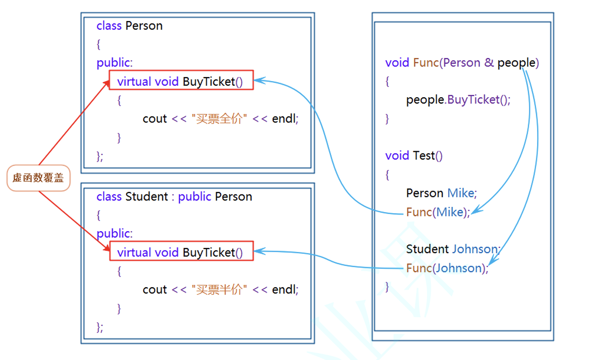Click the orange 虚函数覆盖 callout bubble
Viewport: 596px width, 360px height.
click(38, 178)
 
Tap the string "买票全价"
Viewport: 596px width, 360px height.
click(219, 119)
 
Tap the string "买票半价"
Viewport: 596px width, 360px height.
click(219, 290)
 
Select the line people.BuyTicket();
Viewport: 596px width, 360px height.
click(458, 100)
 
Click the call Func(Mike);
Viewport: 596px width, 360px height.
click(438, 212)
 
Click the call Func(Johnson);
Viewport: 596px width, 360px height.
click(447, 268)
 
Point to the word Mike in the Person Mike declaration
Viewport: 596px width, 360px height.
click(461, 193)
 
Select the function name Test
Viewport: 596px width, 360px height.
click(424, 156)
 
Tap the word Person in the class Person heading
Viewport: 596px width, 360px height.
click(144, 26)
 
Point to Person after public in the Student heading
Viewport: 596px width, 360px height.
click(233, 196)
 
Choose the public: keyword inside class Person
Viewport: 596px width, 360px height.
click(114, 63)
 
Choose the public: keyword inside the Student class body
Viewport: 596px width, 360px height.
click(114, 234)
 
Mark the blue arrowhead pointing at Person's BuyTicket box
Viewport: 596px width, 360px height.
click(258, 80)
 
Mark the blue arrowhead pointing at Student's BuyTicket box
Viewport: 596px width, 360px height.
click(258, 251)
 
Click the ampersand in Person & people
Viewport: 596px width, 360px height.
click(489, 63)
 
